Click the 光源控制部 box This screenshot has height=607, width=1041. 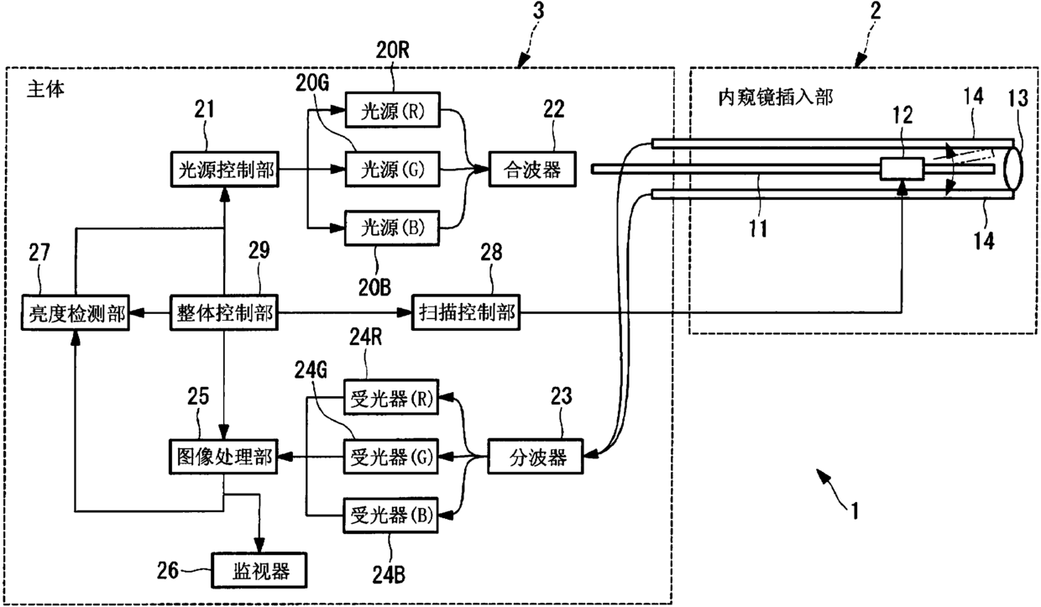coord(225,170)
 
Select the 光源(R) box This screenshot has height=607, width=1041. coord(392,110)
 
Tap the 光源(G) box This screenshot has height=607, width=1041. coord(392,170)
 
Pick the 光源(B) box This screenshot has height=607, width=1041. coord(392,228)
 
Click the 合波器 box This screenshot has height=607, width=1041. coord(532,170)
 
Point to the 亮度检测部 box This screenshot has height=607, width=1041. coord(76,313)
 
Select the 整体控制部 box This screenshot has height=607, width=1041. coord(224,313)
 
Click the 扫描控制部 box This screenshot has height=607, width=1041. coord(466,313)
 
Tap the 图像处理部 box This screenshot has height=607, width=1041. coord(223,457)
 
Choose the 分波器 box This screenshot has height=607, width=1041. coord(536,457)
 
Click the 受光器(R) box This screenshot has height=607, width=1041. coord(391,397)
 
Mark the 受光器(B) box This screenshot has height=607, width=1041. coord(390,515)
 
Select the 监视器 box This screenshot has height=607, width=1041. coord(259,570)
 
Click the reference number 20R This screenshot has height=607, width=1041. coord(392,50)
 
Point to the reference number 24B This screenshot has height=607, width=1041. coord(389,575)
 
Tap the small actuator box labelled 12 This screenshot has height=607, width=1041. coord(902,168)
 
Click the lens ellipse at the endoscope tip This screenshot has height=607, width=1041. coord(1013,168)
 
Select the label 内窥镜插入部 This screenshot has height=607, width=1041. coord(776,97)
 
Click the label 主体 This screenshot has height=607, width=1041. coord(45,88)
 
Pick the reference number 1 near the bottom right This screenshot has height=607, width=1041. coord(854,510)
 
